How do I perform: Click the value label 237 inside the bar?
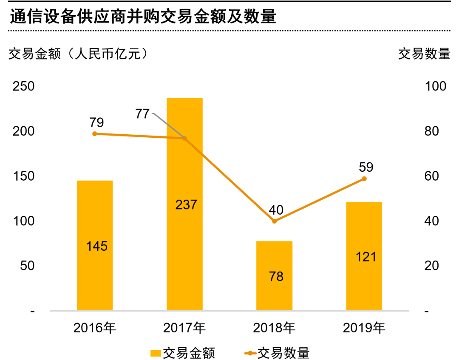coord(186,204)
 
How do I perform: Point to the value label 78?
coord(276,277)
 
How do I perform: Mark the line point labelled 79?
coord(95,133)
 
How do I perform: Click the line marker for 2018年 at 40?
coord(275,221)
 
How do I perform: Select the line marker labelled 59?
coord(364,179)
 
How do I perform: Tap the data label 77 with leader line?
coord(143,114)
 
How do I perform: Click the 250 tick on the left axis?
coord(24,86)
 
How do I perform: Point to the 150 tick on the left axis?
coord(24,176)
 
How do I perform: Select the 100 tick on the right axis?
coord(436,86)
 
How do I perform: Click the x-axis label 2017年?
coord(184,328)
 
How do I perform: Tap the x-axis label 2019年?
coord(364,328)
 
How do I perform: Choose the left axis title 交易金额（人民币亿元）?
coord(79,54)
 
